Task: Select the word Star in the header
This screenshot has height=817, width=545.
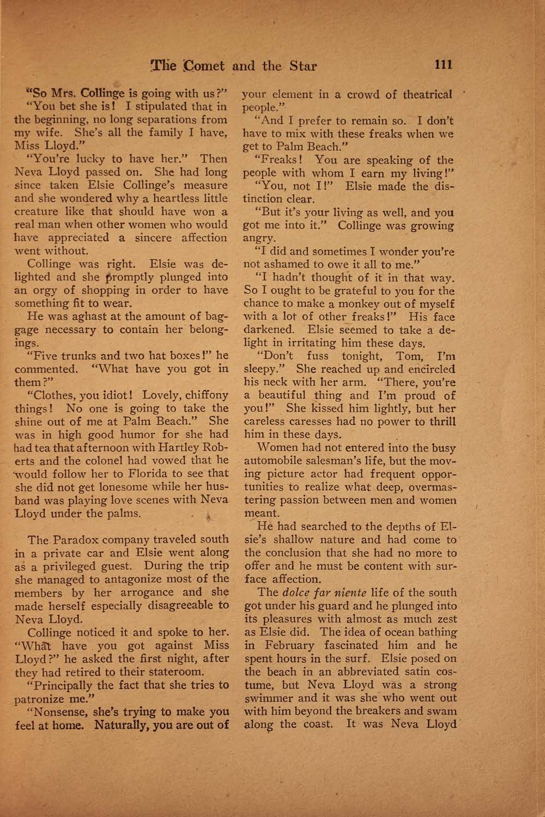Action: [x=302, y=67]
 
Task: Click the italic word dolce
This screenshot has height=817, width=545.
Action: [x=296, y=593]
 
